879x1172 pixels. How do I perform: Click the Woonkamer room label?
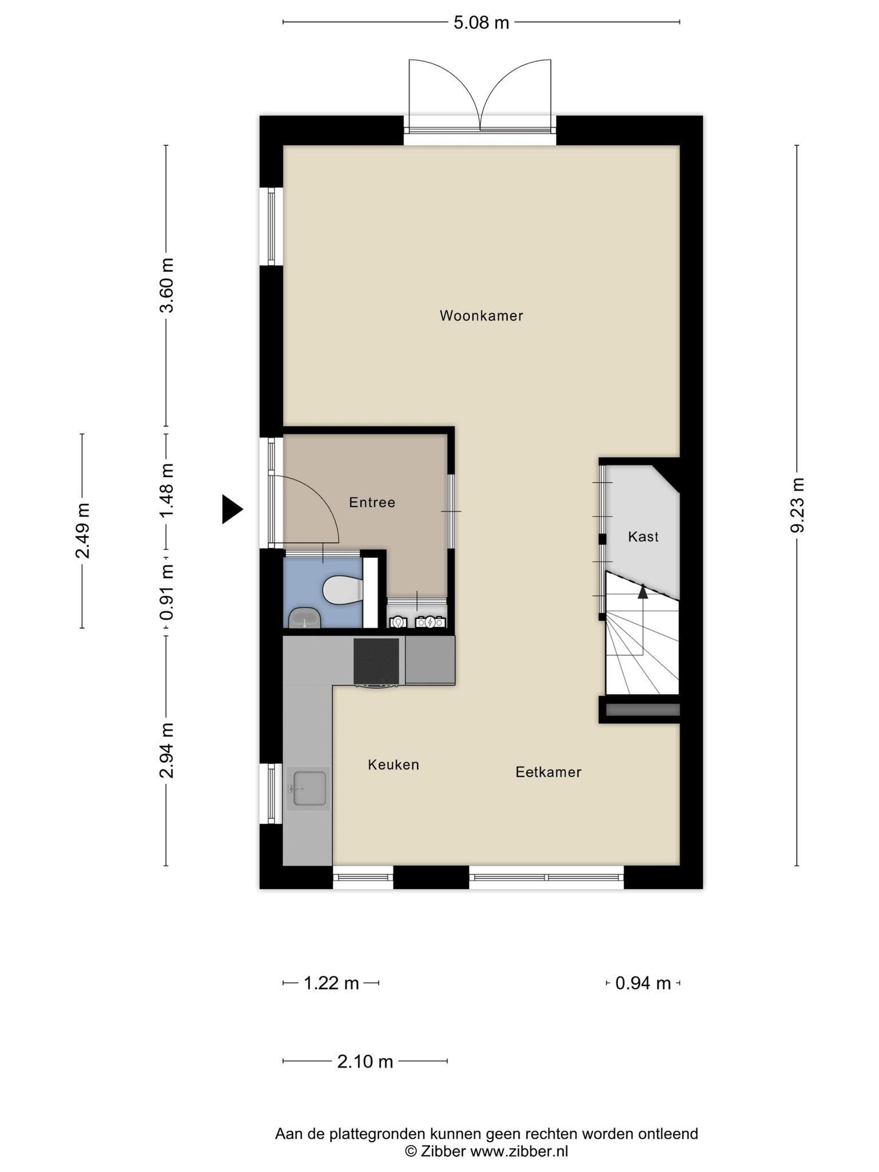point(481,315)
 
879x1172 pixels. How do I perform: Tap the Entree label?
point(372,502)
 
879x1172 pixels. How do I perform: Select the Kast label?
point(643,537)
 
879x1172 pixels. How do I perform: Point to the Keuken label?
point(394,765)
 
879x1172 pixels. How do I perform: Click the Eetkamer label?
point(548,772)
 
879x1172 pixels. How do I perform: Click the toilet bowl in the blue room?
point(342,589)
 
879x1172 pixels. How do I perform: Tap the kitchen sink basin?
point(309,788)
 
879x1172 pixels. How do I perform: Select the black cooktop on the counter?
point(377,661)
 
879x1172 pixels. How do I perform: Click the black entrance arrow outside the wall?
point(232,509)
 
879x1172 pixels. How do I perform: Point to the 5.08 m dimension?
point(481,22)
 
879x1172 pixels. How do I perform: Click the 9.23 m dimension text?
point(797,505)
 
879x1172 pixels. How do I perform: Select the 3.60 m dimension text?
point(167,285)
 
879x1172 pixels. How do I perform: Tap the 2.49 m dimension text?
point(82,530)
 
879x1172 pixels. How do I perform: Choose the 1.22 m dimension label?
point(331,983)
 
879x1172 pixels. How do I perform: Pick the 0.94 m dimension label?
point(643,983)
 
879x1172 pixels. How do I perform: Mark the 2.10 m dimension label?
point(365,1062)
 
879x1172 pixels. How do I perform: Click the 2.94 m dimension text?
point(167,750)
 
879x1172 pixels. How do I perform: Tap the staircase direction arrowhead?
point(643,591)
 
